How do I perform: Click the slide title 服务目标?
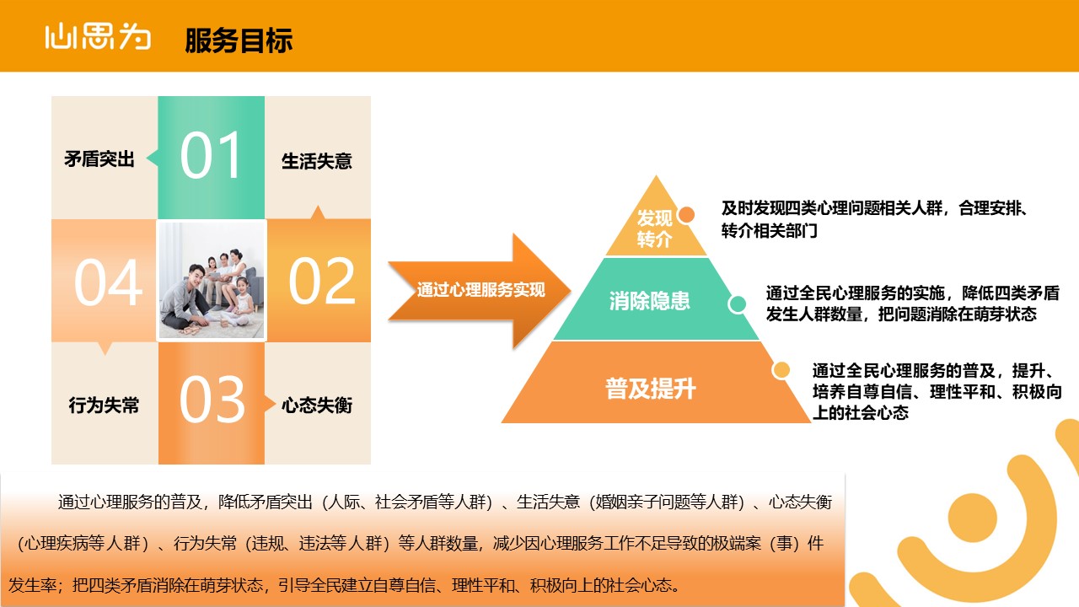pos(239,40)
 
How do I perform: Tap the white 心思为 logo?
pos(98,36)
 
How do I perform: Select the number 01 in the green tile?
pos(211,156)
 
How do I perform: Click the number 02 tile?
pos(319,281)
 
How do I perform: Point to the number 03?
pos(212,400)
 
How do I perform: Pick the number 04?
pos(109,282)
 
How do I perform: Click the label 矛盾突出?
pos(99,159)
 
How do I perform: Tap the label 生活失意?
pos(316,161)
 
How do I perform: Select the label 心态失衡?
pos(317,406)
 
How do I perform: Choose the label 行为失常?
pos(104,406)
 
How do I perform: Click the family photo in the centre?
pos(212,281)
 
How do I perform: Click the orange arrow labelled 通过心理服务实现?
pos(480,291)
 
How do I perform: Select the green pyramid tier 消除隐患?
pos(656,299)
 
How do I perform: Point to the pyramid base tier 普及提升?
pos(656,383)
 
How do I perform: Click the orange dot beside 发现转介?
pos(686,215)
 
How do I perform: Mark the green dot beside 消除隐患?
pos(737,304)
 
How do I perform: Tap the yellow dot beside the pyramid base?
pos(781,370)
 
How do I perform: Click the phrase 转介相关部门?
pos(770,231)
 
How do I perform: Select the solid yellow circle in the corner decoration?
pos(972,518)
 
